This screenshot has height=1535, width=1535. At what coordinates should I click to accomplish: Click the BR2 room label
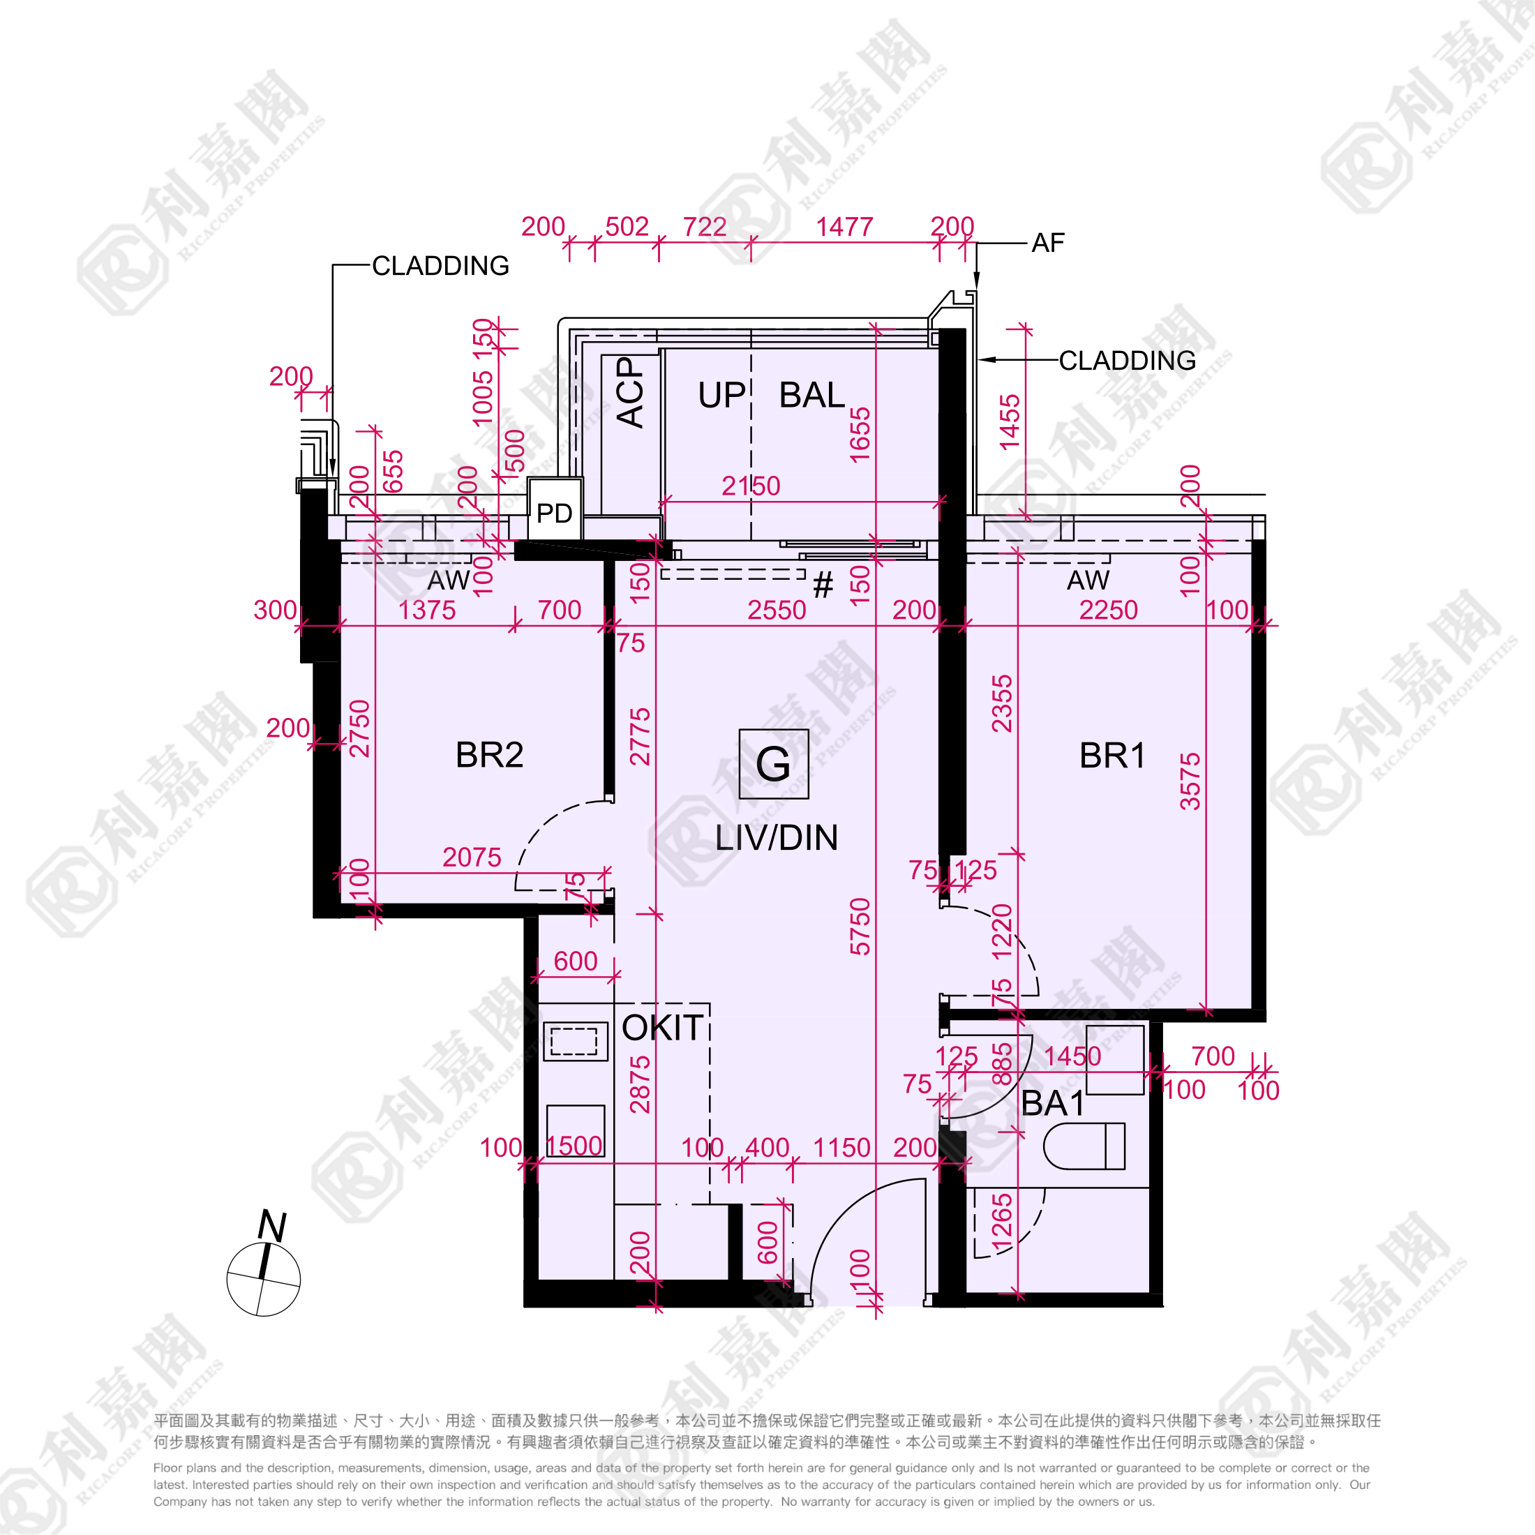tap(489, 755)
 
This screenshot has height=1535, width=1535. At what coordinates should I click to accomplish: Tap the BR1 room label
tap(1112, 756)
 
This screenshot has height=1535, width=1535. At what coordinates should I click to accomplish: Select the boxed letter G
tap(773, 763)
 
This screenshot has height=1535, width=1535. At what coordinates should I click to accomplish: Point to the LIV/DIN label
tap(777, 838)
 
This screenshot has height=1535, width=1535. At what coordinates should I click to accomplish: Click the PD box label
tap(555, 514)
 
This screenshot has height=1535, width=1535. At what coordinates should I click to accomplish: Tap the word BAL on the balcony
tap(812, 395)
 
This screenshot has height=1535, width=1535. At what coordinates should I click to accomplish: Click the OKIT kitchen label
tap(663, 1028)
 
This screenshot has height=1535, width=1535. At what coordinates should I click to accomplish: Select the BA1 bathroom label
tap(1053, 1104)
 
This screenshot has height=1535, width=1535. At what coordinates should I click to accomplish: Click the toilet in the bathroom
tap(1084, 1146)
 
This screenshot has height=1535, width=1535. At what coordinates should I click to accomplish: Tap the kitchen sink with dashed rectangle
tap(575, 1042)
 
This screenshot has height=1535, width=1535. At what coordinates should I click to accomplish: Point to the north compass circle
tap(264, 1279)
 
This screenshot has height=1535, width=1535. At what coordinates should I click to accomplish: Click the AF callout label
tap(1047, 243)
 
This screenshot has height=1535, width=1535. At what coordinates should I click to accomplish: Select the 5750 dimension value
tap(860, 927)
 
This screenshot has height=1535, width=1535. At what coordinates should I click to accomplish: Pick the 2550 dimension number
tap(777, 611)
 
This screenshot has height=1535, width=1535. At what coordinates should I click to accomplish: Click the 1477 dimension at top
tap(844, 227)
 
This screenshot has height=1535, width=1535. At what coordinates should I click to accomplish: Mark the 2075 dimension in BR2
tap(472, 858)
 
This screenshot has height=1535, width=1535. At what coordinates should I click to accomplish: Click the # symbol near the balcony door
tap(823, 585)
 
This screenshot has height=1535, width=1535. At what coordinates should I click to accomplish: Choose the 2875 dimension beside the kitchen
tap(641, 1084)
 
